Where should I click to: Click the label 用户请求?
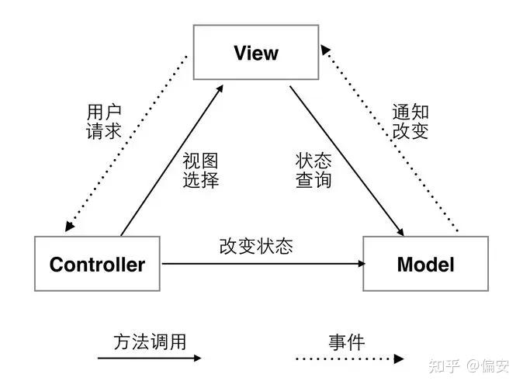click(104, 121)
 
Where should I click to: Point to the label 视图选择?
click(200, 170)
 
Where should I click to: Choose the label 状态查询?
click(313, 170)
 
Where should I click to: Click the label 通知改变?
click(410, 121)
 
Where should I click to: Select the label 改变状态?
click(256, 246)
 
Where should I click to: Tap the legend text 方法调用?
click(150, 342)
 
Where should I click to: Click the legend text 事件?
click(347, 342)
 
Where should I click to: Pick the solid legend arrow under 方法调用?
click(150, 358)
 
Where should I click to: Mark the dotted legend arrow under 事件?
click(350, 359)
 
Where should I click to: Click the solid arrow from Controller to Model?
click(264, 264)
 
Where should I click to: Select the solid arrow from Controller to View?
click(172, 160)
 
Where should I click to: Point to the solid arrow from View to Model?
click(347, 161)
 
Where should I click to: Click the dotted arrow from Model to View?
click(390, 138)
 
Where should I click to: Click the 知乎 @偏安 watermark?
click(469, 366)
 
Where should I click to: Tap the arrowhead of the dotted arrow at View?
click(325, 50)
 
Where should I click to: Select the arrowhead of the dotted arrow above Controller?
click(69, 226)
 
